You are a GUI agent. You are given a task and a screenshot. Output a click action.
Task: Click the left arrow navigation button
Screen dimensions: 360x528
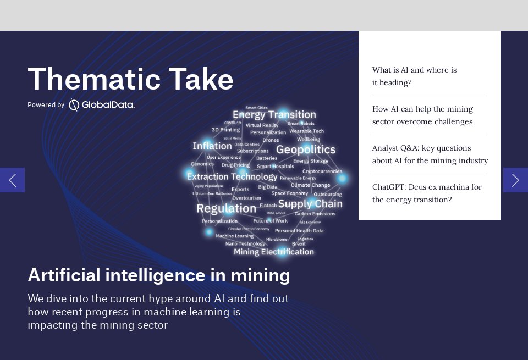click(12, 180)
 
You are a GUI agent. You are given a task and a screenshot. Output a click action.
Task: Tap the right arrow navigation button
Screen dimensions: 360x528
click(515, 180)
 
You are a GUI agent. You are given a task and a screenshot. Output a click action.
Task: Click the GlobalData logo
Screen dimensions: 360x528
click(102, 104)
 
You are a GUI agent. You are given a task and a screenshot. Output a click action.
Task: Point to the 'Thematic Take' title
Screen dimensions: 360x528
click(130, 79)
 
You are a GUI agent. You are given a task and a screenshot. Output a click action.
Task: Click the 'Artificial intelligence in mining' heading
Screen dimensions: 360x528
click(158, 275)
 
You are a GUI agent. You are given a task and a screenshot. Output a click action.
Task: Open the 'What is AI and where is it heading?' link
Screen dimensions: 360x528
click(414, 76)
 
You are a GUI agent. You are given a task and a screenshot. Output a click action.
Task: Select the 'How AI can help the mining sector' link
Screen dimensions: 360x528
click(422, 115)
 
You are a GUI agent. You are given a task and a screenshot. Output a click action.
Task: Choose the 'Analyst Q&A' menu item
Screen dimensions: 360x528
click(430, 154)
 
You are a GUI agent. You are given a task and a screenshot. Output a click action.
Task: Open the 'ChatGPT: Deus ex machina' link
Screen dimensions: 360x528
click(427, 193)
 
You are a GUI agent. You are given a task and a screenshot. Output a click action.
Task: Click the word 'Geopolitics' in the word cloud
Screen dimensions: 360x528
click(305, 149)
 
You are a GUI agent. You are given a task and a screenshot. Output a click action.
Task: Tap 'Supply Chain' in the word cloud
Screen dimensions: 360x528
click(310, 204)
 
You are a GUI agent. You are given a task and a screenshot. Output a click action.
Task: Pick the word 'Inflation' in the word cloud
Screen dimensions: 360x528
click(212, 146)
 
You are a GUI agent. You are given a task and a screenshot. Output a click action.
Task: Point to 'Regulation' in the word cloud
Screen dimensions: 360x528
click(226, 209)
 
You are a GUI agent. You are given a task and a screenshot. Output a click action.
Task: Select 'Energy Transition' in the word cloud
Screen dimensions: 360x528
click(274, 115)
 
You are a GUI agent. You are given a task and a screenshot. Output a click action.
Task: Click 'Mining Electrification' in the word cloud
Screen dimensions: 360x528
click(274, 252)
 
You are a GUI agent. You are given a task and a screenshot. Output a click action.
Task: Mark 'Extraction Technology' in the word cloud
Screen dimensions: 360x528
click(232, 176)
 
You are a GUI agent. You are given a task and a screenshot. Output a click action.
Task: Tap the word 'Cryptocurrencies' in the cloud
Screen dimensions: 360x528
click(322, 171)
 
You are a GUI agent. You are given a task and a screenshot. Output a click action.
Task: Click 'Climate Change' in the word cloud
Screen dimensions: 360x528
click(310, 185)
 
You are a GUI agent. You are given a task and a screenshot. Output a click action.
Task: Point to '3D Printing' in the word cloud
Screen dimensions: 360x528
click(226, 130)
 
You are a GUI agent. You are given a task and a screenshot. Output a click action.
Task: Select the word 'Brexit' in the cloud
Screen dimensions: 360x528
click(299, 244)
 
